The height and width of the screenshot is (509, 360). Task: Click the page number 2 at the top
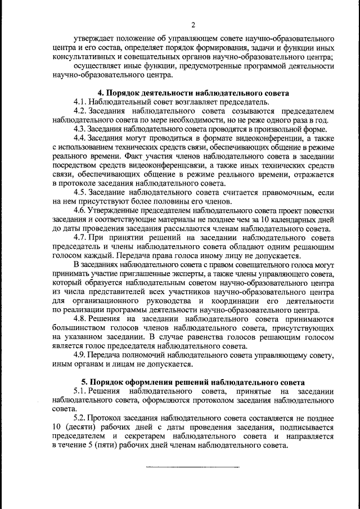pyautogui.click(x=193, y=25)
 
